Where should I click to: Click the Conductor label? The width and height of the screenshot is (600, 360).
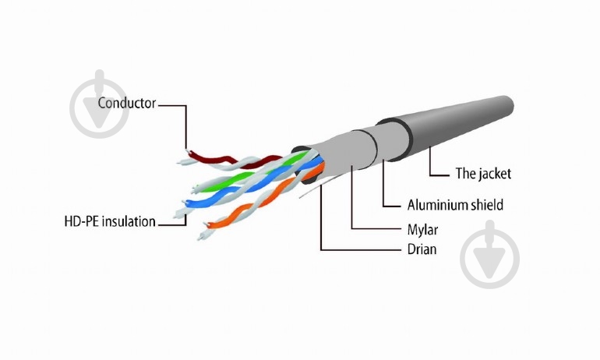point(128,103)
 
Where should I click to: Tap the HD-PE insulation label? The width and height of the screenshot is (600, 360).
point(109,222)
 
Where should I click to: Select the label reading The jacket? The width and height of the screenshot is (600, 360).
point(482,174)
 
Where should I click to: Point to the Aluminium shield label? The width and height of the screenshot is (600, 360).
point(455,206)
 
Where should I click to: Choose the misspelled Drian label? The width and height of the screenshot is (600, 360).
point(422,249)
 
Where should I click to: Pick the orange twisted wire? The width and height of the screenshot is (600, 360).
point(257,204)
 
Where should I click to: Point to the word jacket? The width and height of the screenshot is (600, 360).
point(493,174)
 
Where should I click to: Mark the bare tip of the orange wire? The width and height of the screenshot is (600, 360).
point(206,229)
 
